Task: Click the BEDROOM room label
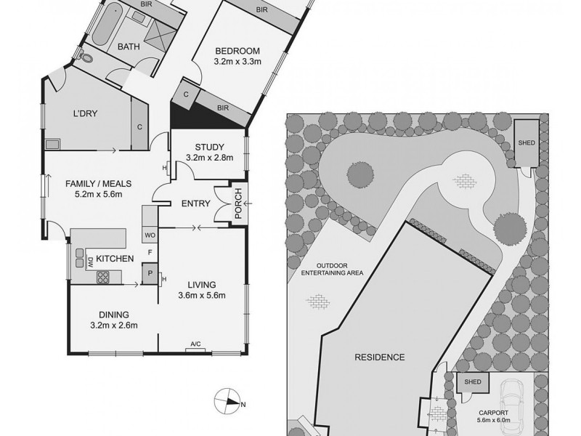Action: coord(237,50)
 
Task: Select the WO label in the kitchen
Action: coord(150,235)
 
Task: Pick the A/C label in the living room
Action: coord(195,344)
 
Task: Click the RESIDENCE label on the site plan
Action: coord(379,358)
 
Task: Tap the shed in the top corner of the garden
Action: coord(527,142)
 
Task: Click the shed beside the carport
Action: coord(473,382)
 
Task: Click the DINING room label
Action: coord(113,315)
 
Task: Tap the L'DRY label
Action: coord(86,114)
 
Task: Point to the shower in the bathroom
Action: coord(164,33)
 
